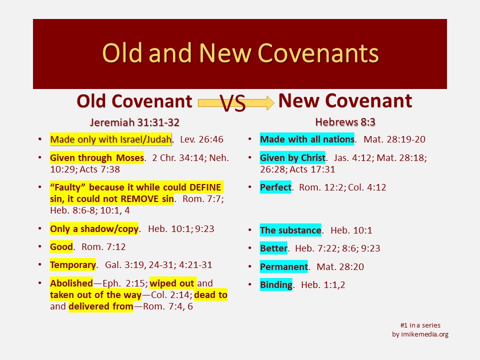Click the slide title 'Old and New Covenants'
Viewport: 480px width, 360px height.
[x=240, y=53]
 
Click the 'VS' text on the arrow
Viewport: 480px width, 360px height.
[x=232, y=103]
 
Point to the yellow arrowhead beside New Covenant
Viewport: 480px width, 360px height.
[x=269, y=102]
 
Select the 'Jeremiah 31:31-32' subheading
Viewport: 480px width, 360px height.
[x=134, y=122]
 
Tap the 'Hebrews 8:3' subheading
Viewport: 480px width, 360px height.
[x=345, y=122]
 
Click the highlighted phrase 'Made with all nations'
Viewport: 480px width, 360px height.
[x=307, y=139]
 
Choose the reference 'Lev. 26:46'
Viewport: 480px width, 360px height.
[x=201, y=139]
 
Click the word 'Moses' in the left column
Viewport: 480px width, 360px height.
[x=130, y=157]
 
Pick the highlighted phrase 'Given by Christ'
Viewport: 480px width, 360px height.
[x=292, y=157]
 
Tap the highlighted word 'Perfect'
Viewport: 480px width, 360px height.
[x=275, y=187]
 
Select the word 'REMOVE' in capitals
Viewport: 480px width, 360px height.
[x=140, y=199]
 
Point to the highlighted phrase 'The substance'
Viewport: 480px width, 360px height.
[x=290, y=230]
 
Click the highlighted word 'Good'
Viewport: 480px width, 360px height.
[x=61, y=246]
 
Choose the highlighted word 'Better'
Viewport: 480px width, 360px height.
[x=273, y=248]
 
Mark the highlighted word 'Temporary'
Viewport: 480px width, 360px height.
[x=73, y=265]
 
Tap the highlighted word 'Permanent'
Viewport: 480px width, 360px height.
[x=284, y=266]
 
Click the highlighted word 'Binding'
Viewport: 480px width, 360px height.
[x=276, y=284]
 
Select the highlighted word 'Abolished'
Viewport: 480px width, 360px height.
[x=71, y=283]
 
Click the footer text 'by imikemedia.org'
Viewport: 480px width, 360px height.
[x=420, y=334]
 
